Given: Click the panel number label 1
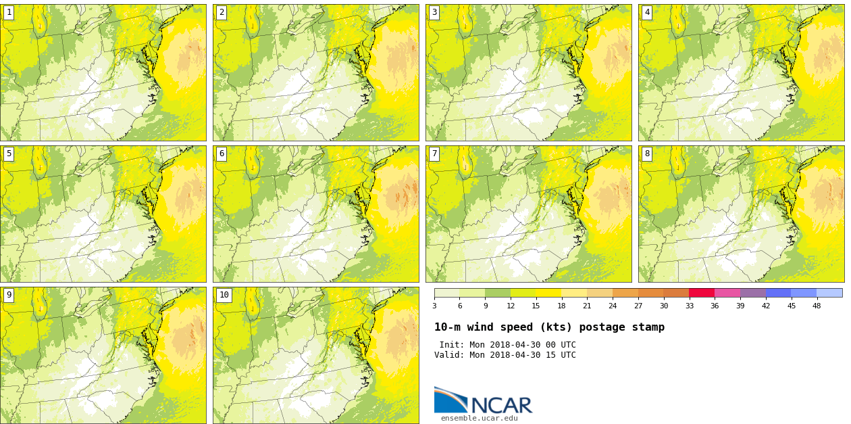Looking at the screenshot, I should tap(9, 13).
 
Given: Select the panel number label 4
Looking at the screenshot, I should tap(647, 13).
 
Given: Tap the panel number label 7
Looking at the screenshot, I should tap(434, 154).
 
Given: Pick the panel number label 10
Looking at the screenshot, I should tap(224, 296).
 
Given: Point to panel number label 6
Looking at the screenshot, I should tap(222, 154).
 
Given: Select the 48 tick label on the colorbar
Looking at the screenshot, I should tap(817, 306).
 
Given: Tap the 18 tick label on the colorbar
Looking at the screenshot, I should tap(561, 306).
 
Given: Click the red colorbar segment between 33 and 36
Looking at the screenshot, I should tap(702, 293).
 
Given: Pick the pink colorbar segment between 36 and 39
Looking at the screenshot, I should tap(727, 293).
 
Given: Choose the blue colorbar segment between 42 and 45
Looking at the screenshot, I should tap(778, 293).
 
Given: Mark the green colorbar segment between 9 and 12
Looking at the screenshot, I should tap(498, 293).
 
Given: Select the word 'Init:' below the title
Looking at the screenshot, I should tap(452, 345).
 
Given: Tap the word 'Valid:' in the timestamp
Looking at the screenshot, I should tap(449, 355).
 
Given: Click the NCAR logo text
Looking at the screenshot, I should tap(501, 405).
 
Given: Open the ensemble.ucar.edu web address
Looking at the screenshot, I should tap(480, 419).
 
